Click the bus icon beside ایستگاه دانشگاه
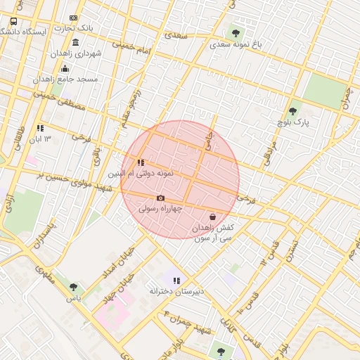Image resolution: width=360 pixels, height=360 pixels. (13, 21)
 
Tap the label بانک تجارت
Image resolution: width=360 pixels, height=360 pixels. (77, 28)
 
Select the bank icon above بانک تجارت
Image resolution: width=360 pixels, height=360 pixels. (73, 18)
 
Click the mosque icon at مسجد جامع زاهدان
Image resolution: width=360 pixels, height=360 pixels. (65, 68)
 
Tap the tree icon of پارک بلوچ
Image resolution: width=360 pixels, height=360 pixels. (292, 111)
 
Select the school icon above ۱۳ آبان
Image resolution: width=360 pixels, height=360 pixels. (40, 128)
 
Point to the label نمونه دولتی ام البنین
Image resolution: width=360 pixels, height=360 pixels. (139, 173)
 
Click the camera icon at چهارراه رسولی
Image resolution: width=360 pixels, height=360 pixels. (160, 198)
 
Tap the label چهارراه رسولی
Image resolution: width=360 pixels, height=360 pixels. (160, 209)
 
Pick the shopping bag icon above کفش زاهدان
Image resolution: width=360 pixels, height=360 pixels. (213, 217)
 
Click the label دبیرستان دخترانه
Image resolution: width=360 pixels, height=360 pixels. (176, 290)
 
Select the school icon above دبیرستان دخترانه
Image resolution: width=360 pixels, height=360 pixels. (176, 280)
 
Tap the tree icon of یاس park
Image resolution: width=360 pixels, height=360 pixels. (73, 287)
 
